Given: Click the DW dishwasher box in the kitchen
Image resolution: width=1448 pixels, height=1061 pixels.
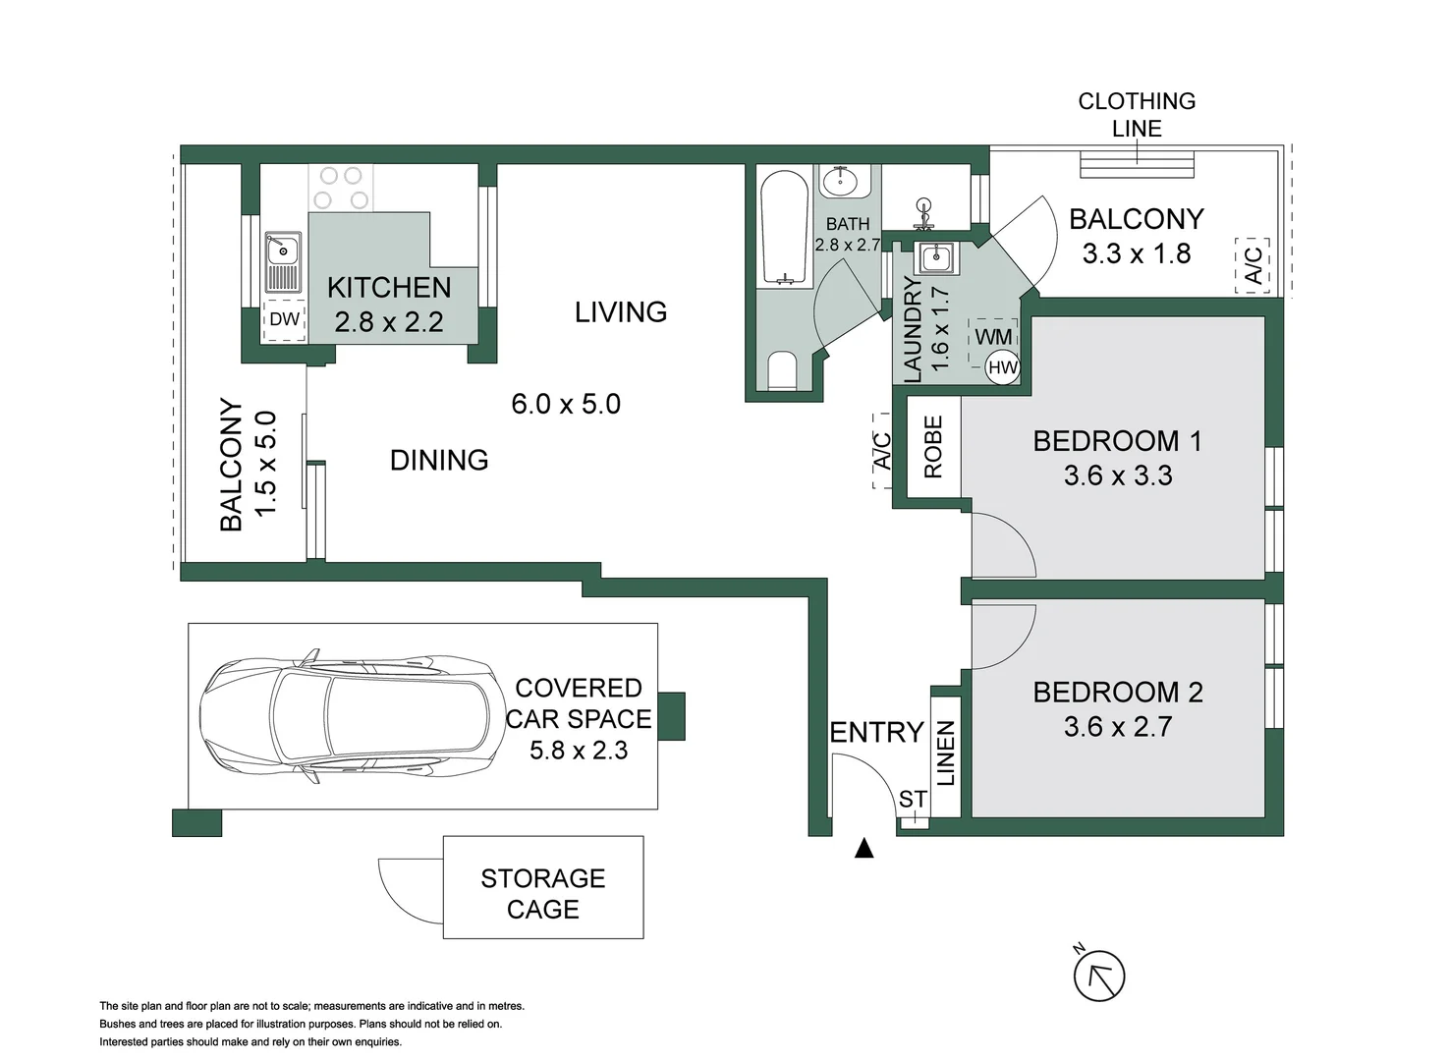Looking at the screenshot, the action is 285,319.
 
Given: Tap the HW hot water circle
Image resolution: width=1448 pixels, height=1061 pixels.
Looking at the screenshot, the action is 1003,367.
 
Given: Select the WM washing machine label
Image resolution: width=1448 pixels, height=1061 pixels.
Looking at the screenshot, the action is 993,337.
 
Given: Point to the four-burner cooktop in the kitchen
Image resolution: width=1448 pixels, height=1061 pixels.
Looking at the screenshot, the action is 340,187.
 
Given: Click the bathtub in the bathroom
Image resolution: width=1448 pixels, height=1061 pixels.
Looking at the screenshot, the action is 785,228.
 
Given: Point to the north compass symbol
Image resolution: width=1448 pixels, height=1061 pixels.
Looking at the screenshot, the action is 1099,976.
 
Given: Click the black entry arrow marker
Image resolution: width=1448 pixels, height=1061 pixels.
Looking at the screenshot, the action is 863,848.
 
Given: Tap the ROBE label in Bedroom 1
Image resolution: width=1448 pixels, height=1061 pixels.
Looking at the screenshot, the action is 933,447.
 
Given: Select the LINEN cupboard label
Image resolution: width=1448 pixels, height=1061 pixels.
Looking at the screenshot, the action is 945,754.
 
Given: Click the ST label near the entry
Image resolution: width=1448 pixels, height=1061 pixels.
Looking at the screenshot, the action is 912,800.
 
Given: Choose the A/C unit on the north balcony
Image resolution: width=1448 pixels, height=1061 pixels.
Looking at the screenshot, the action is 1253,265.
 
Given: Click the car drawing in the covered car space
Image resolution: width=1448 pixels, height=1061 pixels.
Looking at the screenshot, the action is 353,716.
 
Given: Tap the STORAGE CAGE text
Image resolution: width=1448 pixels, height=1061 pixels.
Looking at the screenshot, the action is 543,894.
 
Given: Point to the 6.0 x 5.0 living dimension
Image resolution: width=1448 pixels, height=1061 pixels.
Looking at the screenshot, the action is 566,404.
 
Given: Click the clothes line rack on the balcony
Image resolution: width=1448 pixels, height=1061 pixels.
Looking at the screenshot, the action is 1137,164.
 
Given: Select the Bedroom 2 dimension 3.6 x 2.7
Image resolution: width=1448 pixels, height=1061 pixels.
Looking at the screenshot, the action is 1118,727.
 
